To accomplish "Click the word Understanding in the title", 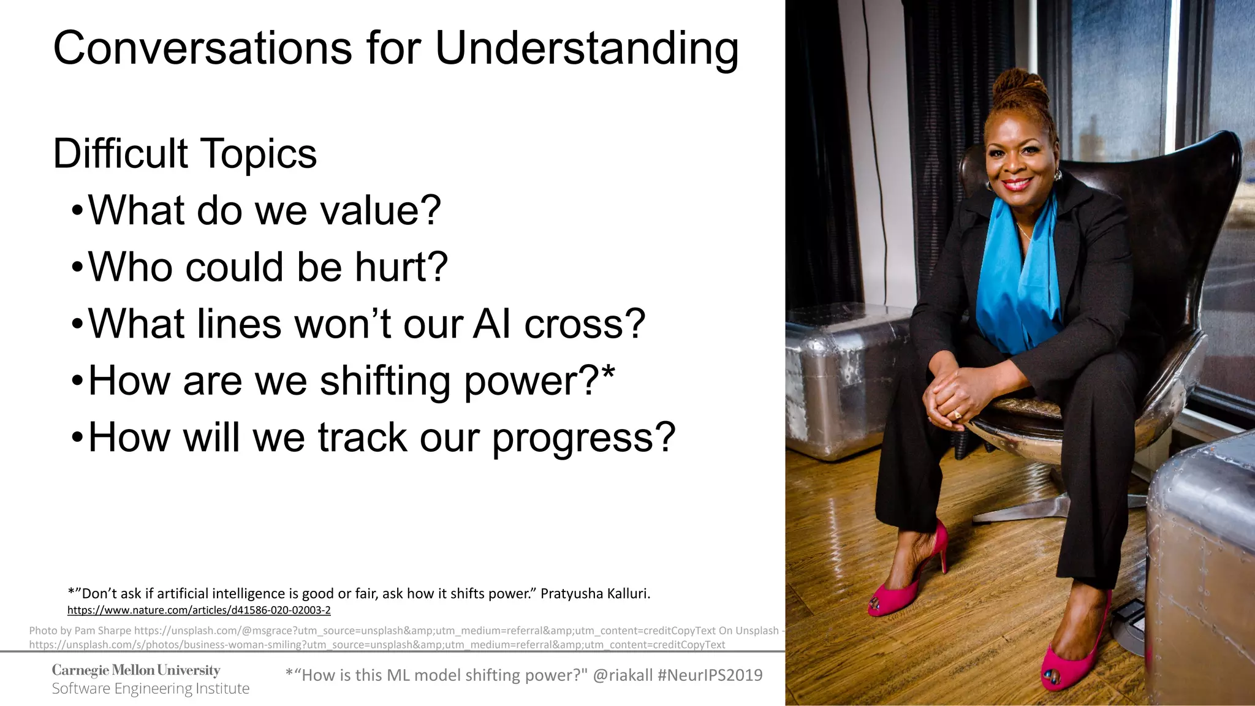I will coord(586,49).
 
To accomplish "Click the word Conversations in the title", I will coord(203,49).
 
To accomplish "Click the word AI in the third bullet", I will coord(491,324).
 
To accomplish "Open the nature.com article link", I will coord(199,610).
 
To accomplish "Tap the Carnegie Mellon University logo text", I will coord(135,670).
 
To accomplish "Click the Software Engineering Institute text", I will coord(150,689).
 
